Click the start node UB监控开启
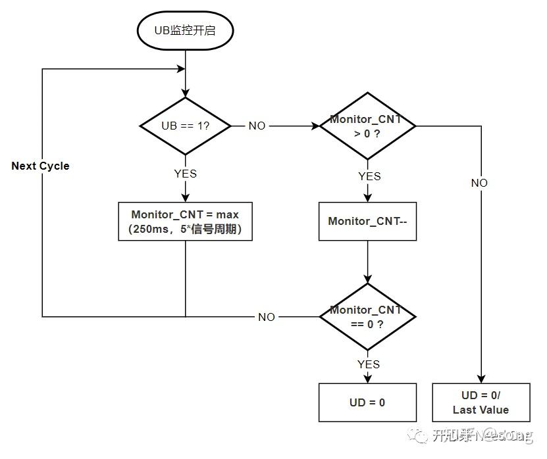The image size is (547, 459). [184, 30]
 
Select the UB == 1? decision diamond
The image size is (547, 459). [185, 126]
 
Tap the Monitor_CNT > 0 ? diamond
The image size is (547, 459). [367, 126]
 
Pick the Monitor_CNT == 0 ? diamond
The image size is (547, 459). [367, 316]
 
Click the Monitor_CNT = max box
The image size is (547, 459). [185, 221]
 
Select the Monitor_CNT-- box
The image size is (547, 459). [367, 221]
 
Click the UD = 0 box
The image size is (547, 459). [367, 402]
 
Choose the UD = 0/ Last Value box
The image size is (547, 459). [481, 402]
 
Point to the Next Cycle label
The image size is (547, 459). [40, 166]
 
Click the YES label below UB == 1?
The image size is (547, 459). [185, 174]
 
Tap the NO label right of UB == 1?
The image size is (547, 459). [257, 126]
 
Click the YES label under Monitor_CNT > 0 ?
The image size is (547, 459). [369, 176]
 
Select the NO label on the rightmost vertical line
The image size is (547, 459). [479, 183]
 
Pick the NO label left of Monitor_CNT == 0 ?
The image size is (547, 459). [267, 317]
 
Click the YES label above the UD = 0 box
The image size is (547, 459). [369, 364]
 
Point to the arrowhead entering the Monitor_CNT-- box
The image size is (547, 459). [367, 199]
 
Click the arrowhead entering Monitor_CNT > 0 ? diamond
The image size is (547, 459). [316, 126]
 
